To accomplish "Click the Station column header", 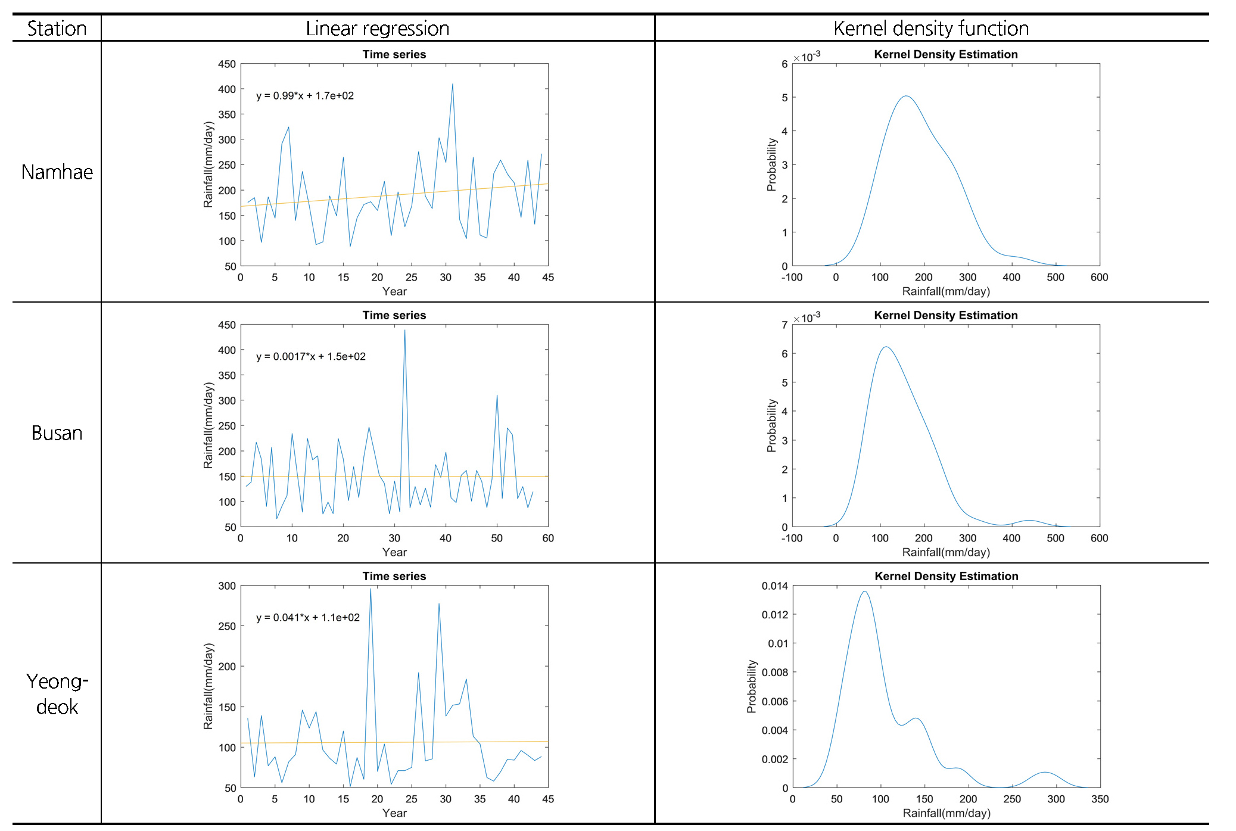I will pos(57,28).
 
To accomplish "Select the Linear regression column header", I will pos(377,28).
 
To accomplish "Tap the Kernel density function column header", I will pos(930,28).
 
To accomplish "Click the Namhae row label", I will pos(57,172).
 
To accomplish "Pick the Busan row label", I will pos(57,433).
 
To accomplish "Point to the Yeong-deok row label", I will pos(57,694).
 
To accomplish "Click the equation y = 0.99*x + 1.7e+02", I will pos(305,96).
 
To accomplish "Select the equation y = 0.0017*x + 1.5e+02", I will pos(311,357).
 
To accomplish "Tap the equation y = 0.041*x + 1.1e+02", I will pos(308,618).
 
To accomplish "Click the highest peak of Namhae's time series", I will pos(453,84).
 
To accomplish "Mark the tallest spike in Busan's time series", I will pos(404,330).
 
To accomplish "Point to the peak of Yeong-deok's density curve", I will pos(864,592).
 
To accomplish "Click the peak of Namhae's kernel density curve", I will pos(905,96).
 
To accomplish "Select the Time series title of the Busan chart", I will pos(394,315).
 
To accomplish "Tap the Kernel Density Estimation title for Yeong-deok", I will pos(946,576).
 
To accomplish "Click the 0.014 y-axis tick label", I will pos(774,586).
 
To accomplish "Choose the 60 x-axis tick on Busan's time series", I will pos(548,539).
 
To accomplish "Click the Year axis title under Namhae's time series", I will pos(394,291).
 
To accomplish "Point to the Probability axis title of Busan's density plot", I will pos(772,425).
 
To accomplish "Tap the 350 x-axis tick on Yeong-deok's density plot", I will pos(1100,799).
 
